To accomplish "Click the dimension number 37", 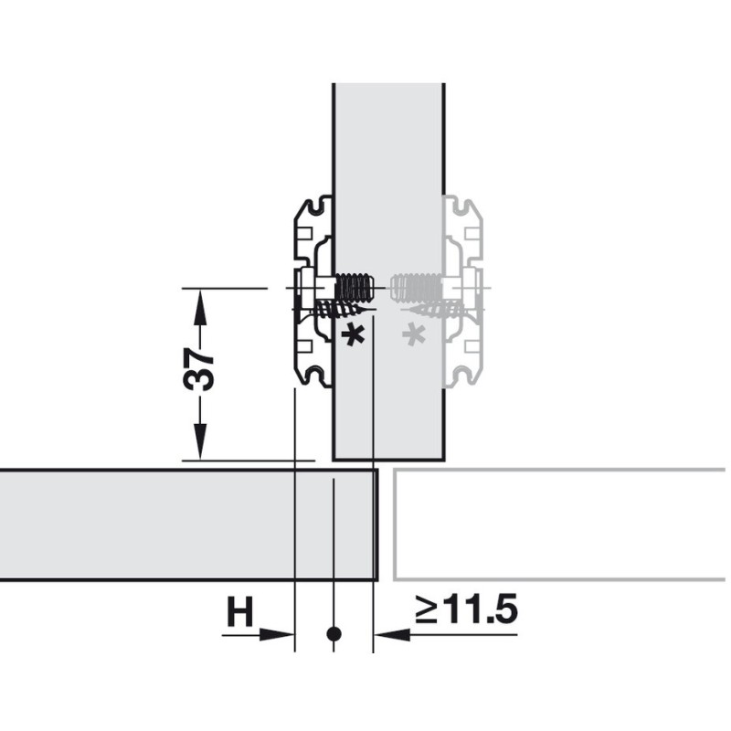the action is pyautogui.click(x=199, y=369).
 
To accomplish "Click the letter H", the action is pyautogui.click(x=239, y=611).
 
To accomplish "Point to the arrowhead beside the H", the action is pyautogui.click(x=278, y=634).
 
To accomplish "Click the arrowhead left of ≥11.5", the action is pyautogui.click(x=392, y=634).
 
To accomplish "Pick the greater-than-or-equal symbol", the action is pyautogui.click(x=427, y=610).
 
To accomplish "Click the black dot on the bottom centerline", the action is pyautogui.click(x=334, y=634).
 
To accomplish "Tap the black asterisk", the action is pyautogui.click(x=353, y=335).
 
